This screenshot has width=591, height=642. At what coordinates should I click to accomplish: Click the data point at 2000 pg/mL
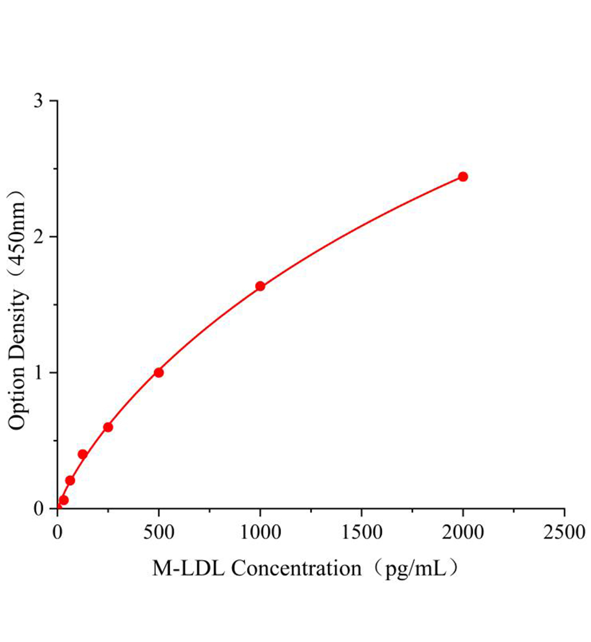pyautogui.click(x=463, y=177)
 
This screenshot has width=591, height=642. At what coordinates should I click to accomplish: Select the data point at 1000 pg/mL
pyautogui.click(x=260, y=286)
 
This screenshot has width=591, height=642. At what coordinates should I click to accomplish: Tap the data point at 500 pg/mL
pyautogui.click(x=158, y=372)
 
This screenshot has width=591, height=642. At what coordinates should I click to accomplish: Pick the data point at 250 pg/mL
pyautogui.click(x=108, y=427)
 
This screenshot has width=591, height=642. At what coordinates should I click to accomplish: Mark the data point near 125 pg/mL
pyautogui.click(x=83, y=454)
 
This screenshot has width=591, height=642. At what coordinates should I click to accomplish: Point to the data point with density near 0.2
pyautogui.click(x=70, y=480)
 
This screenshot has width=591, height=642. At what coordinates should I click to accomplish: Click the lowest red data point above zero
pyautogui.click(x=64, y=500)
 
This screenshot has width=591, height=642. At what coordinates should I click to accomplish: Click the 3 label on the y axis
pyautogui.click(x=39, y=102)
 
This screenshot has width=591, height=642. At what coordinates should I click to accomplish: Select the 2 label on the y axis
pyautogui.click(x=39, y=237)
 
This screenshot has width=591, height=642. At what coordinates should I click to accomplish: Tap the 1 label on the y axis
pyautogui.click(x=39, y=372)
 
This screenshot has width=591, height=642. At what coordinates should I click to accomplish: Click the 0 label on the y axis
pyautogui.click(x=39, y=508)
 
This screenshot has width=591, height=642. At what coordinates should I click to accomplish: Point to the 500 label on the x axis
pyautogui.click(x=158, y=532)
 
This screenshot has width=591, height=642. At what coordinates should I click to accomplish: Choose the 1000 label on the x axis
pyautogui.click(x=260, y=532)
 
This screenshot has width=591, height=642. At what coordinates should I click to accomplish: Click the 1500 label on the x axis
pyautogui.click(x=361, y=532)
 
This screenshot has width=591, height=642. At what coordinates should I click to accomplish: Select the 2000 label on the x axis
pyautogui.click(x=463, y=532)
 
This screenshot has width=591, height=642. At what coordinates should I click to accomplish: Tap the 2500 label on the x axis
pyautogui.click(x=564, y=532)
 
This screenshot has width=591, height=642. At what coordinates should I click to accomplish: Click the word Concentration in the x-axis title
pyautogui.click(x=296, y=568)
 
